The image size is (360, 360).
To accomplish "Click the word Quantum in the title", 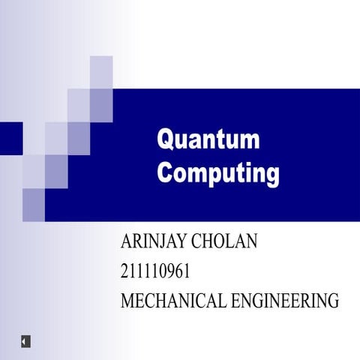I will coord(208,140).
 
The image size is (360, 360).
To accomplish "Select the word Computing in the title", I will coord(218,172).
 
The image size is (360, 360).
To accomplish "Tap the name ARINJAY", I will coord(154,242).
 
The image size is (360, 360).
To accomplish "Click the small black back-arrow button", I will coord(25,341).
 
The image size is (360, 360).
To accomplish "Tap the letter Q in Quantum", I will coord(165,140).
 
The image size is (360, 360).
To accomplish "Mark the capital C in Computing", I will coord(165,172).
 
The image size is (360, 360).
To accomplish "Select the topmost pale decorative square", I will coord(101,71).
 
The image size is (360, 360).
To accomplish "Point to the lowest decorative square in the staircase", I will coord(34,204).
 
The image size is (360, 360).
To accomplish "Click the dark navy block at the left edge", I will coord(11,137).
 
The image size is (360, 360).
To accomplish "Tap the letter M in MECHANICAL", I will coord(128,301).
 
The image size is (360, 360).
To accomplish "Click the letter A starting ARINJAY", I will coord(126,242).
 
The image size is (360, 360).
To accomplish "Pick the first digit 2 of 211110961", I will coord(124,271).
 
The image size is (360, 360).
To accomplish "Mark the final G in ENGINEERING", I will coord(332,301).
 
